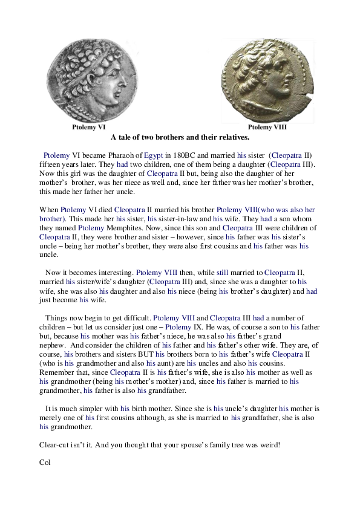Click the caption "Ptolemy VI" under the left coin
click(89, 128)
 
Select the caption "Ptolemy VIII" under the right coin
click(267, 128)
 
